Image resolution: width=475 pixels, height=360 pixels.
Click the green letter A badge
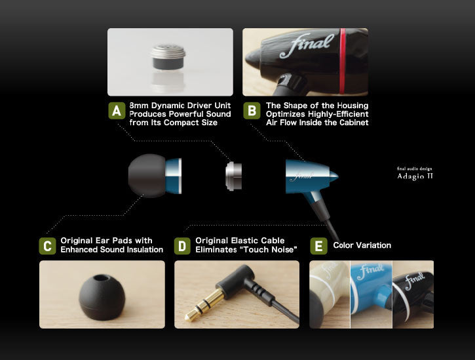click(117, 111)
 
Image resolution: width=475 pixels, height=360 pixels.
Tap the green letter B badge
click(252, 111)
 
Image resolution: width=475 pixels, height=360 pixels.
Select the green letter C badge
click(48, 246)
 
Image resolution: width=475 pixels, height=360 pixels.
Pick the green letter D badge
click(182, 246)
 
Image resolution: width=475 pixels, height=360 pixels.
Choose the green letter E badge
click(318, 246)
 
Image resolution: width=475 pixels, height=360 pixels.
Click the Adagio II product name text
click(415, 176)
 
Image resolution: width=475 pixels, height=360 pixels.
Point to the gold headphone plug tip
click(189, 316)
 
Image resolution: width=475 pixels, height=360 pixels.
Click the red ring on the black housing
click(342, 61)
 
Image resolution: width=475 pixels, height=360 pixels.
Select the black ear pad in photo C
click(102, 297)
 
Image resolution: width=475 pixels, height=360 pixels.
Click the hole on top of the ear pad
click(102, 278)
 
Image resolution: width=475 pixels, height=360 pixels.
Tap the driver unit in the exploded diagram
click(233, 176)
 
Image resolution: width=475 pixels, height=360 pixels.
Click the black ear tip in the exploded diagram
click(147, 176)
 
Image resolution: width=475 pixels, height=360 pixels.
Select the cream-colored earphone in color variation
click(330, 294)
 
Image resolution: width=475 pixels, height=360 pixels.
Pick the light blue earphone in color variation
click(371, 291)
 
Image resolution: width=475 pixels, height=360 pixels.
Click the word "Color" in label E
click(343, 245)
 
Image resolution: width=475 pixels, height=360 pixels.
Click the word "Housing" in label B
click(353, 106)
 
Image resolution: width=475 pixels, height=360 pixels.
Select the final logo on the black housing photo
click(307, 45)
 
